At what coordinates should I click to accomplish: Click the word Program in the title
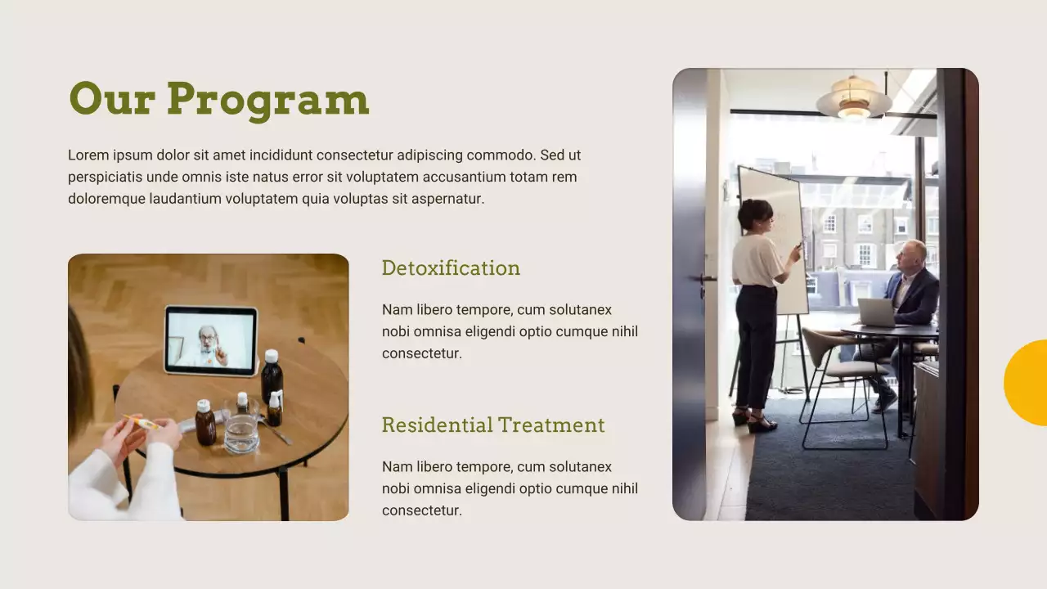coord(268,100)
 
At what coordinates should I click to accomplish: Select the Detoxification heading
coord(451,268)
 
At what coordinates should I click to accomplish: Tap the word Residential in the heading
coord(437,425)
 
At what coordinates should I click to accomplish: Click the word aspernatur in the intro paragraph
coord(447,199)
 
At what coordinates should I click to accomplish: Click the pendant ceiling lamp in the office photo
coord(854,100)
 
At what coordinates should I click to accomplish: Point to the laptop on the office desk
coord(876,312)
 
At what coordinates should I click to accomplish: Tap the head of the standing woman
coord(755,214)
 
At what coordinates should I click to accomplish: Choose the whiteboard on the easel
coord(772,237)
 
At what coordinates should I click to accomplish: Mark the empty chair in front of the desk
coord(838,376)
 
